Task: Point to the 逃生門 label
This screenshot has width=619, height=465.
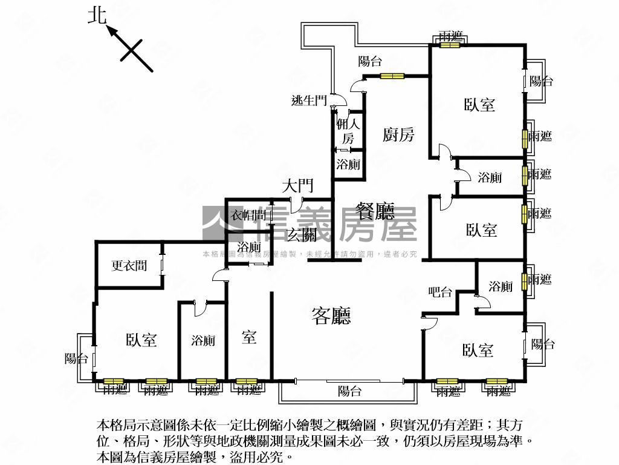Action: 309,101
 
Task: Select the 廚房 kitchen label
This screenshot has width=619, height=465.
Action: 398,134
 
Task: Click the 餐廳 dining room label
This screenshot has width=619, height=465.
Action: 375,211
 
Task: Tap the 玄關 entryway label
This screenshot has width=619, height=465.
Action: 302,234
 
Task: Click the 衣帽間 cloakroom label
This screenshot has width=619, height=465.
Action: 249,215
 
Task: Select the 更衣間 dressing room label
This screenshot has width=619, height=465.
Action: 129,265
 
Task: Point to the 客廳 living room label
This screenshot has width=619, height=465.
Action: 331,315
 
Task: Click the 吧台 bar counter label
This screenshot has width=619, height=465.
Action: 440,292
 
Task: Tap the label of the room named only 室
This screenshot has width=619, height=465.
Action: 249,337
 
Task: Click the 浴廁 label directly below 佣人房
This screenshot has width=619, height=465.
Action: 348,164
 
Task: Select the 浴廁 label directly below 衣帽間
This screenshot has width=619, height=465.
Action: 249,247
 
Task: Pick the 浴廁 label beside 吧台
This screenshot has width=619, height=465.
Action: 501,286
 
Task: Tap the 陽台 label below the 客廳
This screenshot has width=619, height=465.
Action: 349,391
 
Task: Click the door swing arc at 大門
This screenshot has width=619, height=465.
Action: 296,205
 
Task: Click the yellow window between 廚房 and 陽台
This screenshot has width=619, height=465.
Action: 392,76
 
